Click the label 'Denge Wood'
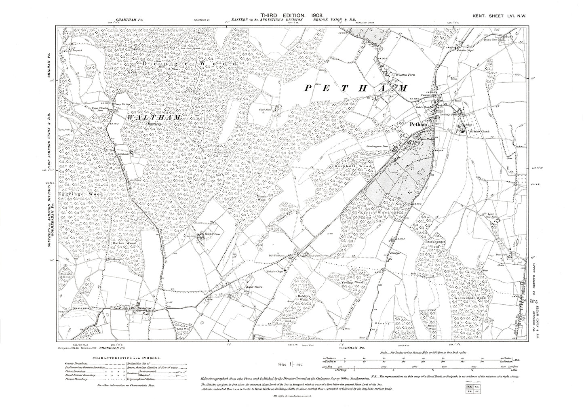coord(190,64)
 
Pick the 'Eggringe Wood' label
coord(80,194)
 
